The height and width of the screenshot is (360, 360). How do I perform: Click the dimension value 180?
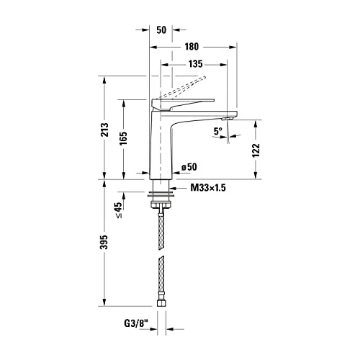click(x=192, y=47)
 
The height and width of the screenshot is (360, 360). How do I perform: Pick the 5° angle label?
click(x=217, y=131)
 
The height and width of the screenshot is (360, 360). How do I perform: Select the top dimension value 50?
click(x=161, y=31)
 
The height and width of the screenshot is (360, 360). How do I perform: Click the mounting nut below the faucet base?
click(x=159, y=194)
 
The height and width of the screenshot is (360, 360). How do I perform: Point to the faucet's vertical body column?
click(x=161, y=144)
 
